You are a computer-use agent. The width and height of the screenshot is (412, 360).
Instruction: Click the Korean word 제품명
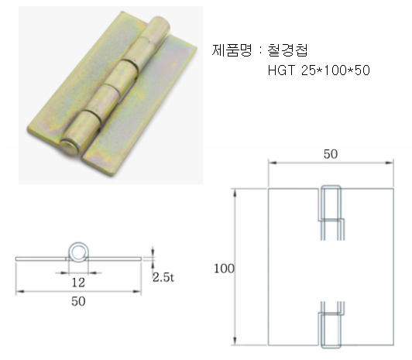(232, 50)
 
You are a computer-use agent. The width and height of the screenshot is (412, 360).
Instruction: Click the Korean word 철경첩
(287, 50)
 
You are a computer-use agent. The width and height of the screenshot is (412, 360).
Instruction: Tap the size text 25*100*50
(335, 70)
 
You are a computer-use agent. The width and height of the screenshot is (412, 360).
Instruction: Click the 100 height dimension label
(224, 269)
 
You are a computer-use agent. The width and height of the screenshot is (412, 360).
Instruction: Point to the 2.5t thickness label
(163, 277)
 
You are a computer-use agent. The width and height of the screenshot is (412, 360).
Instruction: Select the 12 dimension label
(78, 283)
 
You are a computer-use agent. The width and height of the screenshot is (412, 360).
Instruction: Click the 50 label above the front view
(331, 154)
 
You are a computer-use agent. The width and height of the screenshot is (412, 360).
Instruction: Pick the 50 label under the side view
(78, 301)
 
